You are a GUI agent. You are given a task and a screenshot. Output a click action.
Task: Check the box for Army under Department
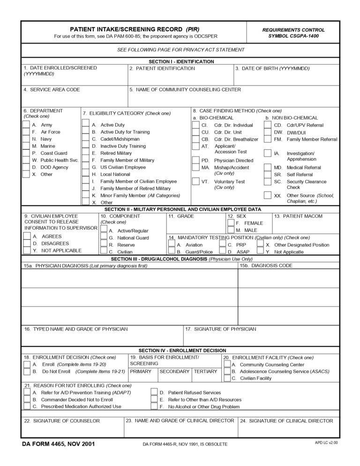click(26, 125)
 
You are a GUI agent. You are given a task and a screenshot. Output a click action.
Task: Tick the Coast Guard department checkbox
click(26, 153)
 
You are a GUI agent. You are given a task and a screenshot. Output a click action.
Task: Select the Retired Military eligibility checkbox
click(85, 153)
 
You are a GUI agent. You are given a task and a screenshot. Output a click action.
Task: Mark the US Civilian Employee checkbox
click(85, 167)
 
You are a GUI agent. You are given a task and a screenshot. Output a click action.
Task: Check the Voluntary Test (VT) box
click(196, 182)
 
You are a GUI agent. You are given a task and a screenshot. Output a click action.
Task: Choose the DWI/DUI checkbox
click(267, 133)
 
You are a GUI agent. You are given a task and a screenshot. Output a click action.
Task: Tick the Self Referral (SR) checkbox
click(267, 174)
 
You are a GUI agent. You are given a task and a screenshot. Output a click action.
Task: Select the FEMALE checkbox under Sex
click(231, 223)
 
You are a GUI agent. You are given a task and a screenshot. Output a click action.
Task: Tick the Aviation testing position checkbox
click(172, 245)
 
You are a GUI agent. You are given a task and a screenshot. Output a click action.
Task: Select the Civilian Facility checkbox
click(227, 378)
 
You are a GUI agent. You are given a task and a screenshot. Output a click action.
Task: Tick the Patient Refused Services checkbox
click(154, 392)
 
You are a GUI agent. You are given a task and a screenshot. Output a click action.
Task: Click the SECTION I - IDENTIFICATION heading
click(181, 61)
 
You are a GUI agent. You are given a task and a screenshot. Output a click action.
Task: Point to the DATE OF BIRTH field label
click(272, 68)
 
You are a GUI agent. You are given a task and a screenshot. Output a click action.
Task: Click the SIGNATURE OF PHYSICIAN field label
click(220, 329)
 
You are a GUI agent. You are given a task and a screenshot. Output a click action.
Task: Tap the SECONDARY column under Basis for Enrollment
click(174, 371)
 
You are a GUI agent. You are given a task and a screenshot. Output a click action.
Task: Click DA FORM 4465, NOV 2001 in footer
click(58, 443)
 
